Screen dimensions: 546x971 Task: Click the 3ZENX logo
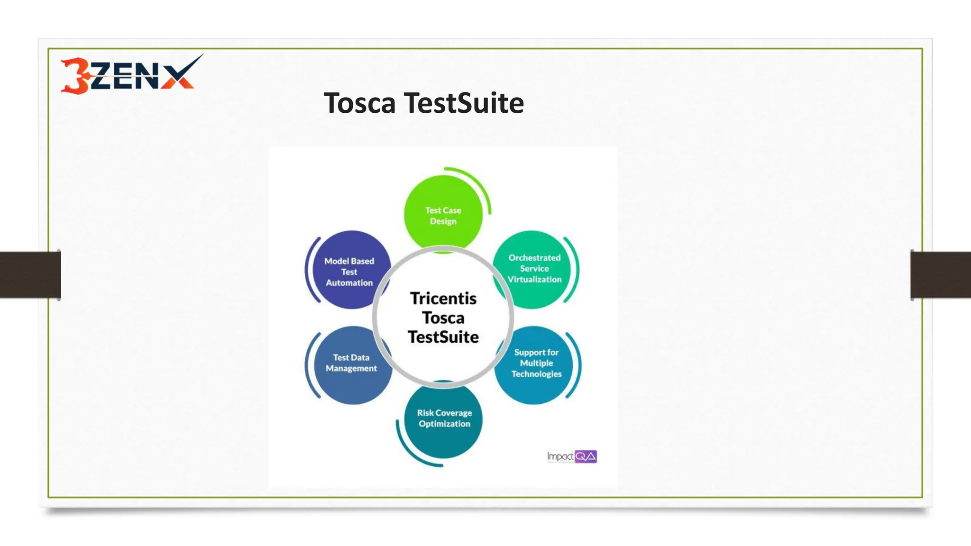[x=130, y=74]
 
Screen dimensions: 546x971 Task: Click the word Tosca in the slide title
[x=359, y=103]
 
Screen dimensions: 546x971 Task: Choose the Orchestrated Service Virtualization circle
[x=534, y=269]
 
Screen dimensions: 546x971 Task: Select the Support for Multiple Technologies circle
[x=536, y=364]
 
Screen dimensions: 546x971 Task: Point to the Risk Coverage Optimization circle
[x=444, y=419]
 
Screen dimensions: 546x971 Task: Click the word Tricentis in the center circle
[x=443, y=299]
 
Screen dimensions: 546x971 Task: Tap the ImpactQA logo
[x=572, y=456]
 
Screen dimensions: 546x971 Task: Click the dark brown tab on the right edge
[x=941, y=275]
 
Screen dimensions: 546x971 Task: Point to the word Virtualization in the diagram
[x=534, y=280]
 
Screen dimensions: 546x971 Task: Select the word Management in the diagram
[x=351, y=369]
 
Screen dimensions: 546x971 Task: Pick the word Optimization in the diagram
[x=444, y=424]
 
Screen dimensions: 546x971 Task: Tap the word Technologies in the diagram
[x=536, y=374]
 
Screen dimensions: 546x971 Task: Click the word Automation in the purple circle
[x=349, y=283]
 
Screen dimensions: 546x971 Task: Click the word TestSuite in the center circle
[x=443, y=337]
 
